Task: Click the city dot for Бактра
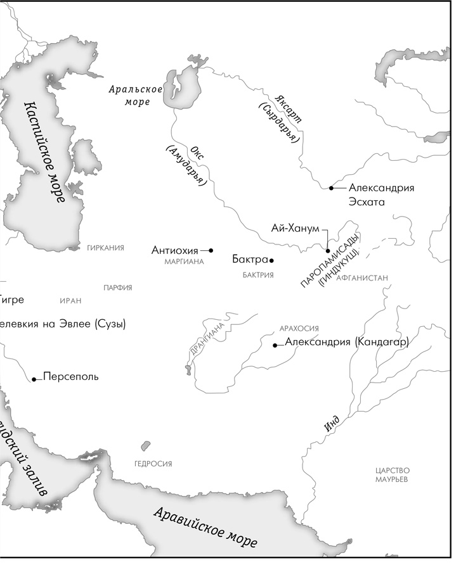coord(271,260)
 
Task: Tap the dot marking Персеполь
coord(34,379)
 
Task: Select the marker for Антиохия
coord(211,250)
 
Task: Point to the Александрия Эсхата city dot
coord(331,188)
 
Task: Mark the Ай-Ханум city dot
coord(328,251)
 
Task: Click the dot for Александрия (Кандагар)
coord(275,345)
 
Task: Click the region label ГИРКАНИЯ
coord(105,248)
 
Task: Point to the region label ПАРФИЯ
coord(118,288)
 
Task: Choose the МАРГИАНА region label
coord(184,262)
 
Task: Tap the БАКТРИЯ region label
coord(258,275)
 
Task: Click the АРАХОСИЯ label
coord(299,329)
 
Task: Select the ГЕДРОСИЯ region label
coord(153,464)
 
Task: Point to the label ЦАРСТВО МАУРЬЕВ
coord(393,475)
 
